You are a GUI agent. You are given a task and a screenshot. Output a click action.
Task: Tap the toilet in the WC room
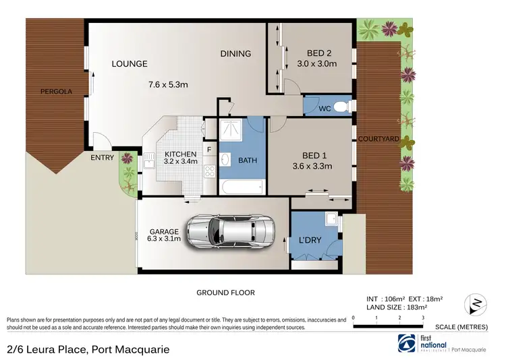pos(341,107)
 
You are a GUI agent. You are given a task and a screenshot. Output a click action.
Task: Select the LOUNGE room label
pos(130,64)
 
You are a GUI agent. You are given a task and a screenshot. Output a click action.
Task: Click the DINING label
pos(235,54)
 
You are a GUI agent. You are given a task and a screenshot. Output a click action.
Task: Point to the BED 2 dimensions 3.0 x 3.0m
pos(317,64)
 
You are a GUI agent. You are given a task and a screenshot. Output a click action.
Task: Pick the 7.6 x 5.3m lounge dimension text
pos(168,85)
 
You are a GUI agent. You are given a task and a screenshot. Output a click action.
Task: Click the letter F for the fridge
pos(209,150)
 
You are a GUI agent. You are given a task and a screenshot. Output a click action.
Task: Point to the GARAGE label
pos(165,232)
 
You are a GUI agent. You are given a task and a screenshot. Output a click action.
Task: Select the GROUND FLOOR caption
pos(225,293)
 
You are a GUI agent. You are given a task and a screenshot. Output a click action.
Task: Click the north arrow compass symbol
pos(476,301)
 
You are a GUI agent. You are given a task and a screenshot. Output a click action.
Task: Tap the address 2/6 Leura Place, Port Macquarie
pos(88,349)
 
